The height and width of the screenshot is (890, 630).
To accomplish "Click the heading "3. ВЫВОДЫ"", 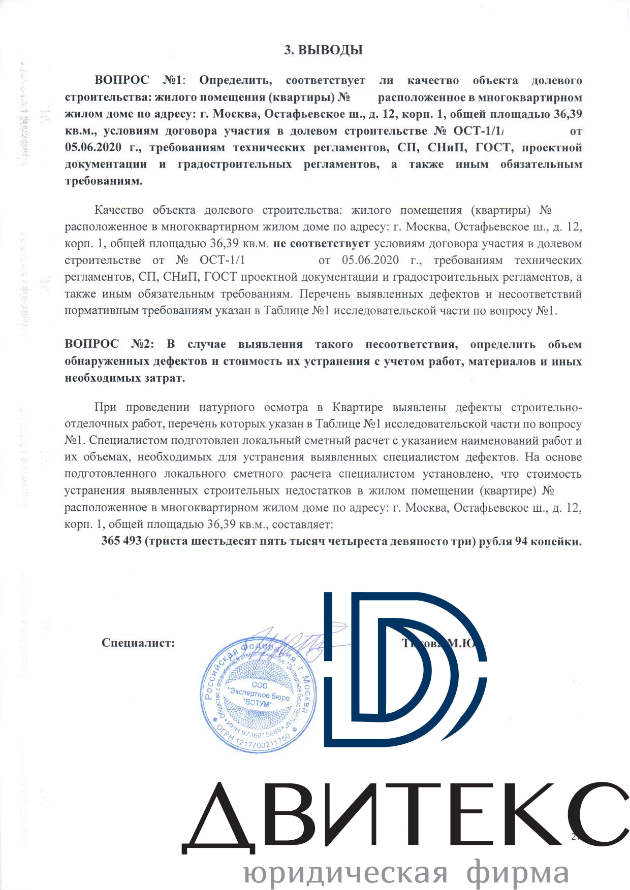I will [x=323, y=50].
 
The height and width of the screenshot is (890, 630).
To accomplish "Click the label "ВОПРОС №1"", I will [x=138, y=80].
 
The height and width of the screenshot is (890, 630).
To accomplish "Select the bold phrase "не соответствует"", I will [x=321, y=243].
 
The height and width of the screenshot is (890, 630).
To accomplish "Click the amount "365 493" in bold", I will [x=121, y=541].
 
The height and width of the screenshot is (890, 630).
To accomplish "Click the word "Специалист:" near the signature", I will [x=138, y=643].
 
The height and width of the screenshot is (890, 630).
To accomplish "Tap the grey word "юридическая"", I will [x=345, y=872].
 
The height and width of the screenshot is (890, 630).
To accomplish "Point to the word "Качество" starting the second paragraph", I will [x=119, y=210].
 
